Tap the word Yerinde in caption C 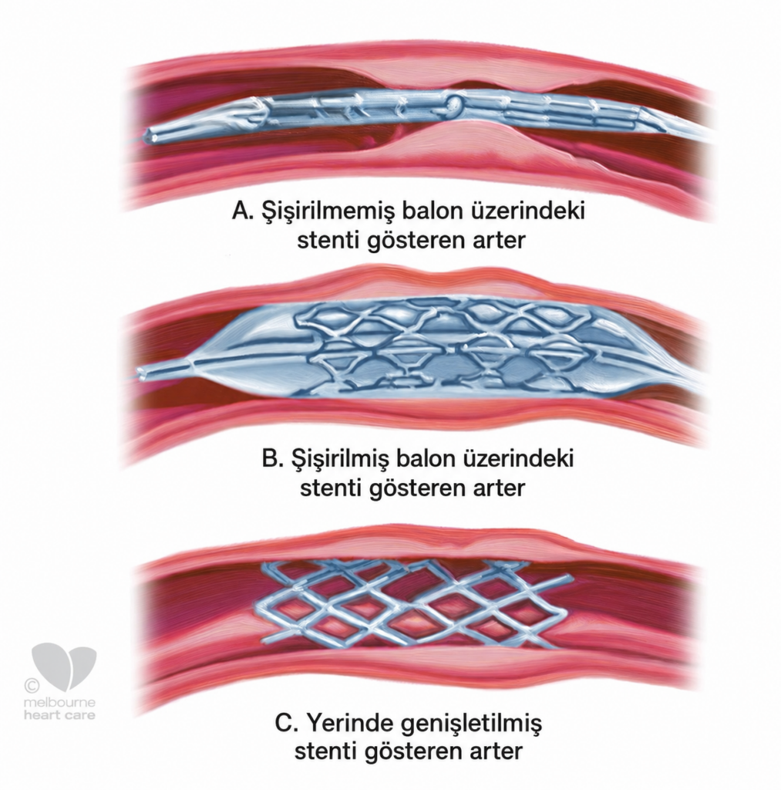tap(350, 724)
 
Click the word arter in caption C tap(496, 752)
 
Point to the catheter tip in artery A tap(150, 136)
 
